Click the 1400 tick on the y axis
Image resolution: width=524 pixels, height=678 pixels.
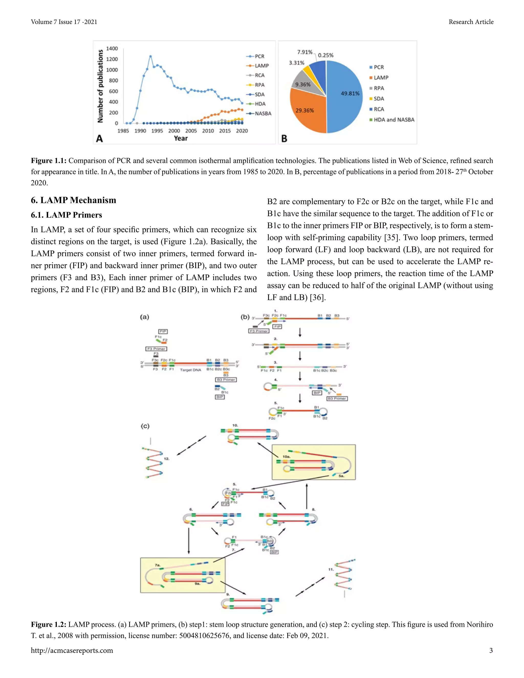pos(112,48)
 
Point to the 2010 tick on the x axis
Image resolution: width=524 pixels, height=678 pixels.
pos(208,131)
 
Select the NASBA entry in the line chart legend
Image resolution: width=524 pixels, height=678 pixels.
pos(263,114)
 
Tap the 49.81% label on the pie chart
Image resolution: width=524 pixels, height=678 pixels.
pos(350,93)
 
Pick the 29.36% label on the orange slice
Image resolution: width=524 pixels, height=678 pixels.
pos(304,111)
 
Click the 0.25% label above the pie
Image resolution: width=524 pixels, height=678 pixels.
pos(326,55)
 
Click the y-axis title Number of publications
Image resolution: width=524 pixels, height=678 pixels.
pos(100,86)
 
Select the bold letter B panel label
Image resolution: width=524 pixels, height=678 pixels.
pos(284,138)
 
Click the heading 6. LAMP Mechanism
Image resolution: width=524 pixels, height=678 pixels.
pos(74,200)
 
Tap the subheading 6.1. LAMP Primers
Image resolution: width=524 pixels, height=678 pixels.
pos(67,215)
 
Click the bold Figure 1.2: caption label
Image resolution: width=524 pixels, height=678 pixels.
pos(48,624)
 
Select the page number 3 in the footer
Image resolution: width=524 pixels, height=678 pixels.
pos(491,650)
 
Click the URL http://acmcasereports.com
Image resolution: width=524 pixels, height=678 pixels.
pos(72,650)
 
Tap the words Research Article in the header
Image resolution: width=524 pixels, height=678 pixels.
pos(471,22)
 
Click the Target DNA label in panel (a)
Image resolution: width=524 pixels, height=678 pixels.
pos(190,370)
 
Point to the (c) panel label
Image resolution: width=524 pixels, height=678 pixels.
pos(145,426)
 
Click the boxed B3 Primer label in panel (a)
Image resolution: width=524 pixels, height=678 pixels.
pos(226,380)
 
